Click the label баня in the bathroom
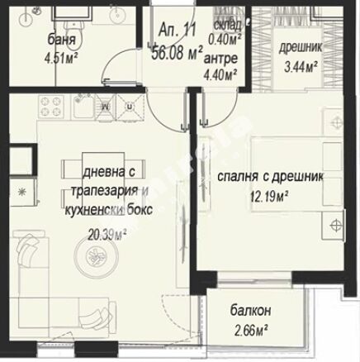coord(61,40)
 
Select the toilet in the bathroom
coord(74,29)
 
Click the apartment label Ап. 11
coord(178,30)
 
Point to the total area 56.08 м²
coord(178,52)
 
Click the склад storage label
coord(227,26)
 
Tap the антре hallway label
coord(220,59)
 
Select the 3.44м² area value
coord(301,67)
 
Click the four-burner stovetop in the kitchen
coord(51,107)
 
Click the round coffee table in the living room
coord(97,256)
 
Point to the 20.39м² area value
coord(107,235)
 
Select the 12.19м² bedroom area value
coord(269,197)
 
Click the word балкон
coord(250,311)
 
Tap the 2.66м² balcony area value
coord(252,330)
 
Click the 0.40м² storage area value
coord(225,40)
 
